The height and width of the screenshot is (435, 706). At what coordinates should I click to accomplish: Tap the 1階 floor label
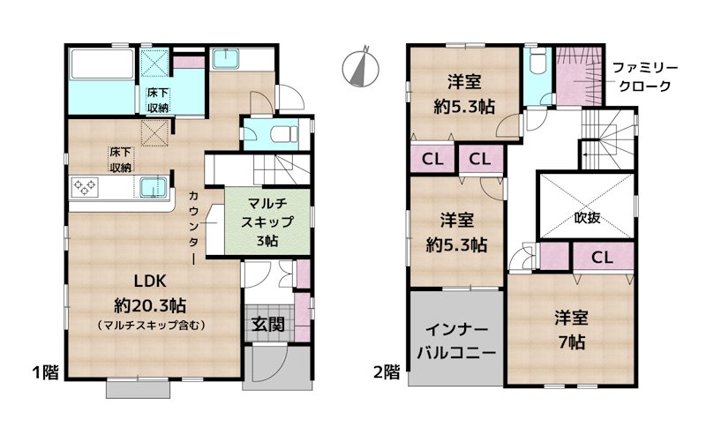coord(45,371)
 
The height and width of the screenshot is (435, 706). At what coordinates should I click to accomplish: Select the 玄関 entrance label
coord(267,324)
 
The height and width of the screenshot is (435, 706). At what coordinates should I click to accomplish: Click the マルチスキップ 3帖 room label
coord(266,218)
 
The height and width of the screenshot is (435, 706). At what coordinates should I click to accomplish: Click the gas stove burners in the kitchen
coord(86,187)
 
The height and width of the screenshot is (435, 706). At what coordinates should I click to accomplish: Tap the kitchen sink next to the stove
coord(151,188)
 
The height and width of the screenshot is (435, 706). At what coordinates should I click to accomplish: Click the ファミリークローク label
coord(640,77)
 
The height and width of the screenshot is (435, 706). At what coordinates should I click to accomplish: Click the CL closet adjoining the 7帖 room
coord(603,259)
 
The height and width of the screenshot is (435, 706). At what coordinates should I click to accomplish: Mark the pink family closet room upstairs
coord(578,75)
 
